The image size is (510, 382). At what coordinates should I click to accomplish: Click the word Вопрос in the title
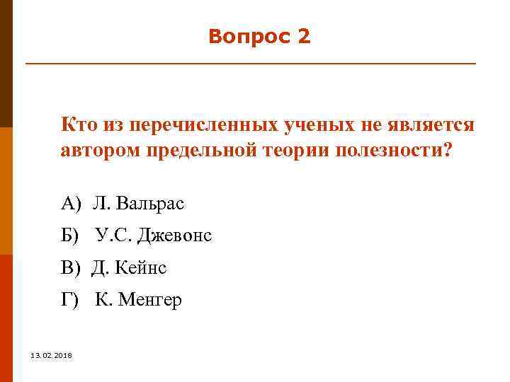244,37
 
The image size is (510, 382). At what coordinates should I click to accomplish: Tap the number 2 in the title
304,37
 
